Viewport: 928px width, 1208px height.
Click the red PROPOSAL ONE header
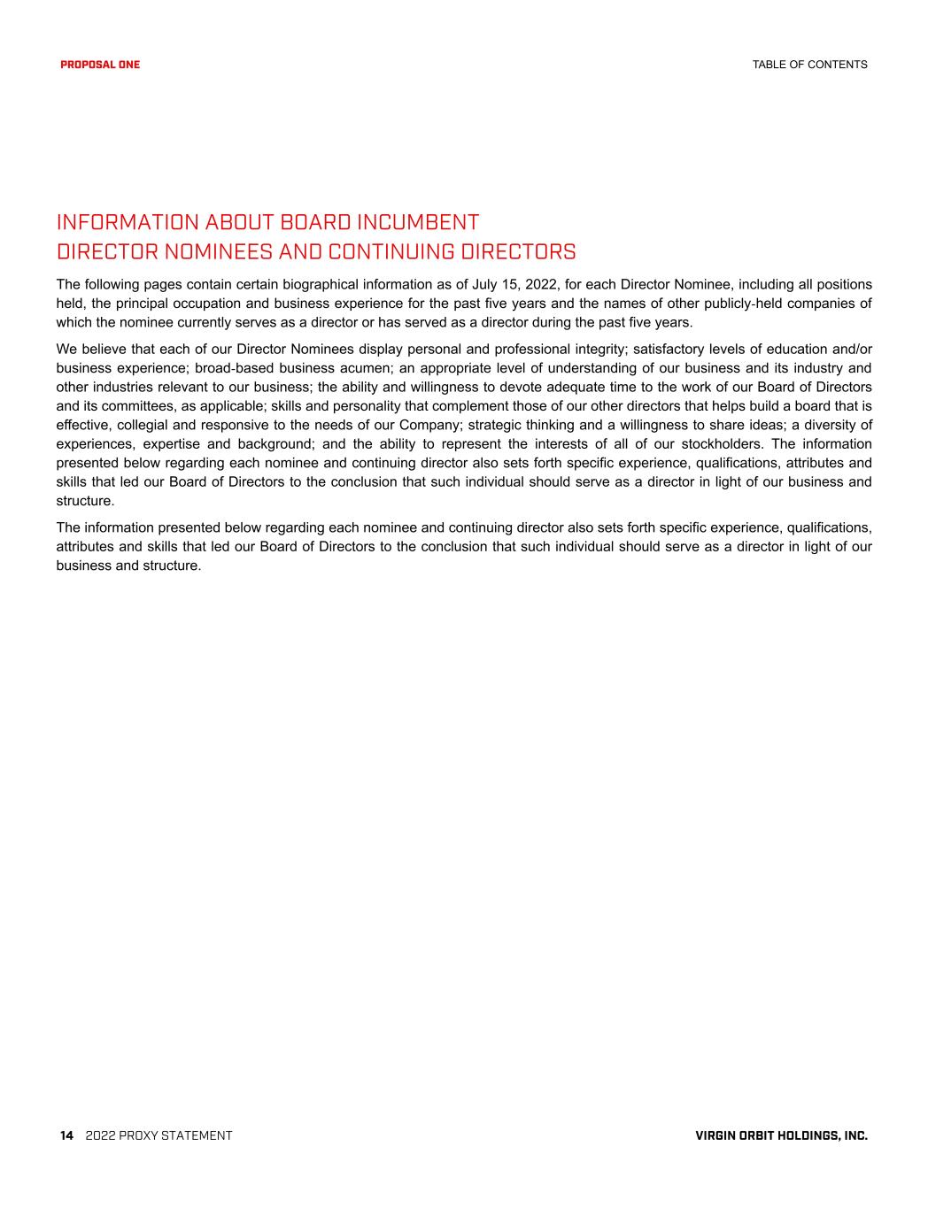point(100,65)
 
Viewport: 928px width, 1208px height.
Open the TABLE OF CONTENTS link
point(809,65)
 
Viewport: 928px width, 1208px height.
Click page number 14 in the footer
point(66,1135)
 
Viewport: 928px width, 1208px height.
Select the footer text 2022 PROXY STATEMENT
point(159,1135)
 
